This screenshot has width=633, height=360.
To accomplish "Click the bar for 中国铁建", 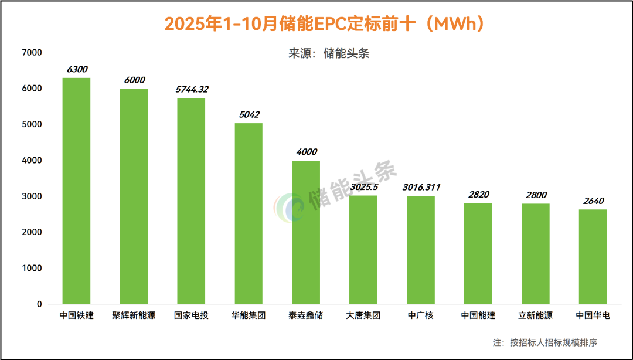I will click(x=76, y=191).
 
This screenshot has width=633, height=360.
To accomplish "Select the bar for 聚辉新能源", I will click(x=134, y=196).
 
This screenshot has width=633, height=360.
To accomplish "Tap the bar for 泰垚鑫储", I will click(x=306, y=232).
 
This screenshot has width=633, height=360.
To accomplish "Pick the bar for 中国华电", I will click(x=593, y=257).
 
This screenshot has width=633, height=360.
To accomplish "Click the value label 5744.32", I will click(x=192, y=90).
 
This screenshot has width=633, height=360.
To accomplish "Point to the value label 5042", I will click(x=249, y=115).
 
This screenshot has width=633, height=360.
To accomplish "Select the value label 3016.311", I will click(x=421, y=188).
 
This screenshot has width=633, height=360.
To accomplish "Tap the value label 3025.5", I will click(x=364, y=188).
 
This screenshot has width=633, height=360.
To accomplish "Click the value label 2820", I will click(x=478, y=195).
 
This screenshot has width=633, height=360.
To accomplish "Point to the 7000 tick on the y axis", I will click(x=32, y=53).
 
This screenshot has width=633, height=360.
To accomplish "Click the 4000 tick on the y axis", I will click(x=32, y=161).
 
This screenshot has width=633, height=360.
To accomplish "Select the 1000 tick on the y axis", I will click(x=32, y=269).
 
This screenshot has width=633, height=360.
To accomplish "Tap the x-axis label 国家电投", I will click(x=192, y=315).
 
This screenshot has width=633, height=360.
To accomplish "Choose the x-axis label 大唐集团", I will click(x=364, y=315).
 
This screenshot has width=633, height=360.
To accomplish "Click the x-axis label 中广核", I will click(x=421, y=315).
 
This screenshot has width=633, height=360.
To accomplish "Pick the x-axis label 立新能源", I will click(x=536, y=315).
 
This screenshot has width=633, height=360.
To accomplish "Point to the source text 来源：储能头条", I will click(x=329, y=54).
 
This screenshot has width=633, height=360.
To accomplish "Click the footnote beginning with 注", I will click(x=544, y=342).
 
